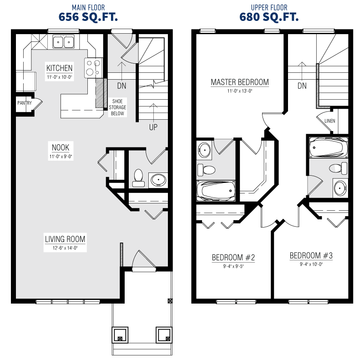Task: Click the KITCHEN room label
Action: point(60,68)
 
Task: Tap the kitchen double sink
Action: point(63,41)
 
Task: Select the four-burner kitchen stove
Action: point(93,68)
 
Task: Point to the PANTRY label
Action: point(25,103)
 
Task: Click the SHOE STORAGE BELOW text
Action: point(117,107)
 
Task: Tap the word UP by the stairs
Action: point(153,127)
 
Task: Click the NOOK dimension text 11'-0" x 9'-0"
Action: point(61,157)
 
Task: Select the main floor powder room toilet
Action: point(138,178)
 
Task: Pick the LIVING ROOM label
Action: point(65,239)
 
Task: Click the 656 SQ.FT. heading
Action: point(88,17)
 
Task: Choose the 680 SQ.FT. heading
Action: point(269,17)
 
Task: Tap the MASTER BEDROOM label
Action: point(240,82)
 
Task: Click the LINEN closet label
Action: point(330,121)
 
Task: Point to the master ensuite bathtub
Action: point(216,191)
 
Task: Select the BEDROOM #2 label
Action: point(233,257)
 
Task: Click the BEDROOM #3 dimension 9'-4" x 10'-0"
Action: point(311,264)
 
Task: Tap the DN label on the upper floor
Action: point(302,86)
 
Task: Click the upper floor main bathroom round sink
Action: point(340,188)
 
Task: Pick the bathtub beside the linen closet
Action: point(329,148)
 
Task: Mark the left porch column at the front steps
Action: point(120,335)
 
